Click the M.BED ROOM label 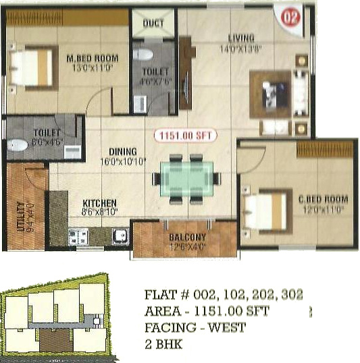point(92,57)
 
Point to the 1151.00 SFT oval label point(185,135)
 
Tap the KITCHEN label point(99,202)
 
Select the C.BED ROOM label point(323,199)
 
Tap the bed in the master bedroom point(32,67)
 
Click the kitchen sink point(120,236)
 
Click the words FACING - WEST point(195,328)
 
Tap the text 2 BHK point(163,344)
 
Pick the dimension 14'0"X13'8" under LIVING point(240,49)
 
